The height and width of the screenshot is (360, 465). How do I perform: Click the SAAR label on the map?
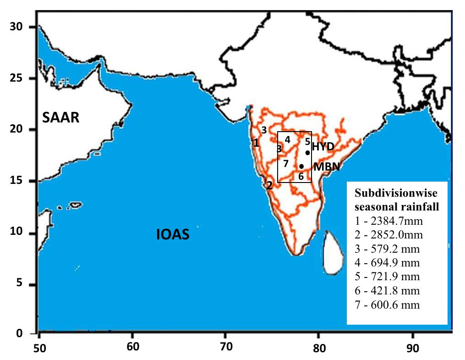coord(61,118)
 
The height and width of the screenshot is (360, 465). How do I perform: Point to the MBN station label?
coord(326,166)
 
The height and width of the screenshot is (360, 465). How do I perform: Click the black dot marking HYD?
coord(307,153)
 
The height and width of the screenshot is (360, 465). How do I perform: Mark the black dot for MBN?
coord(301,166)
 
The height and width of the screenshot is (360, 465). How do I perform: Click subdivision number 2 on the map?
coord(269,185)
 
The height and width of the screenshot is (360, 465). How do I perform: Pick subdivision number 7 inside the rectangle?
coord(285,163)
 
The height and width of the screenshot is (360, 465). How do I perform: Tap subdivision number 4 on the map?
coord(287,139)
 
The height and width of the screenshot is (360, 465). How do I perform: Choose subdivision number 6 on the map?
coord(301,176)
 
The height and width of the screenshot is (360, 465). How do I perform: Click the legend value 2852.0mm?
coord(388,235)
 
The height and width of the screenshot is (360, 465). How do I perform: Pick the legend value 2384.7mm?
coord(388,222)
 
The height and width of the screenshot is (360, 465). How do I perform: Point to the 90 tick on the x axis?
coord(413,348)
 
